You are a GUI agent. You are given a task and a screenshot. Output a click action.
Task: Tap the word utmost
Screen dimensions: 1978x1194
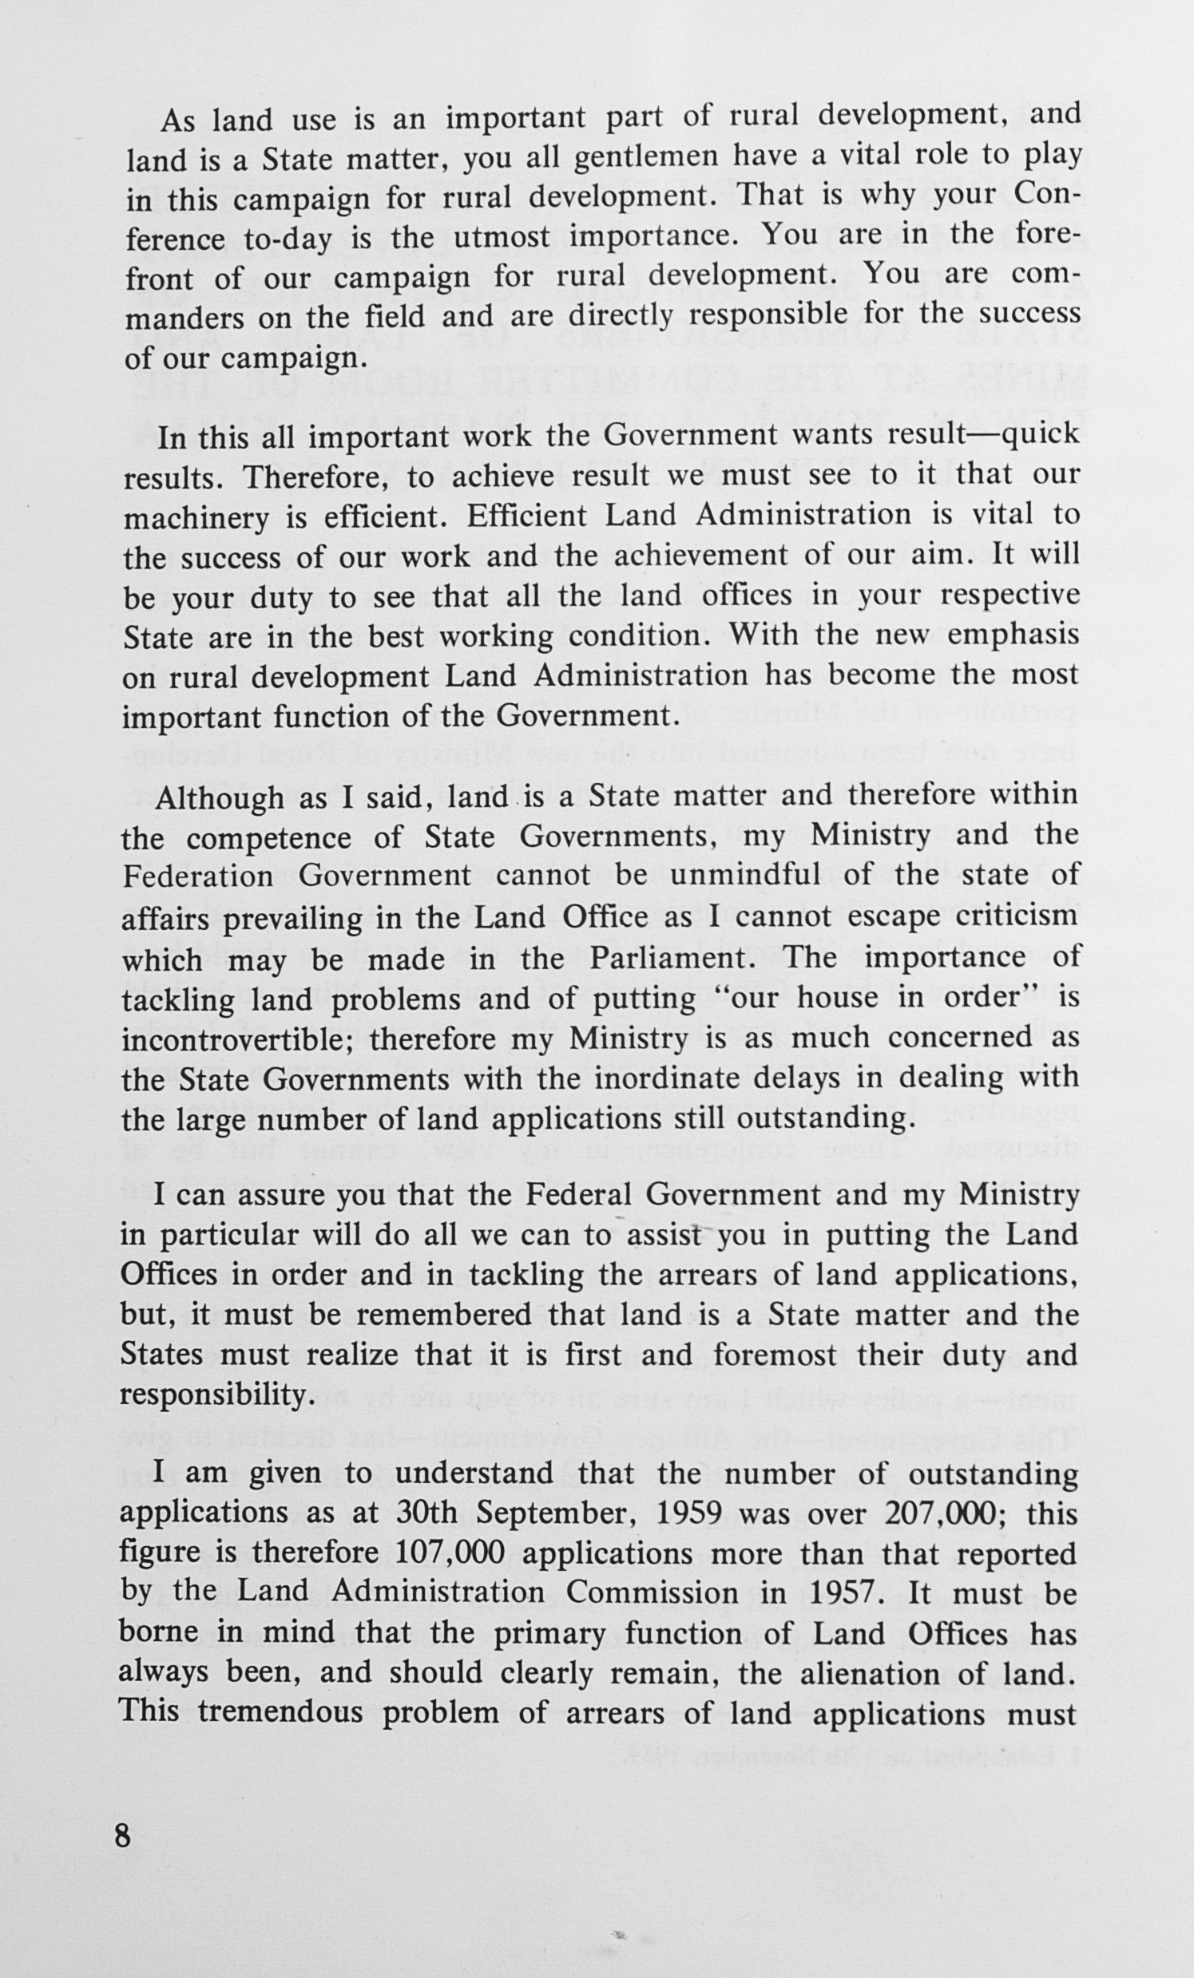(x=502, y=238)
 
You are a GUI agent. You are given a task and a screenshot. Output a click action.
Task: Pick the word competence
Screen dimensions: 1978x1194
(x=269, y=839)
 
